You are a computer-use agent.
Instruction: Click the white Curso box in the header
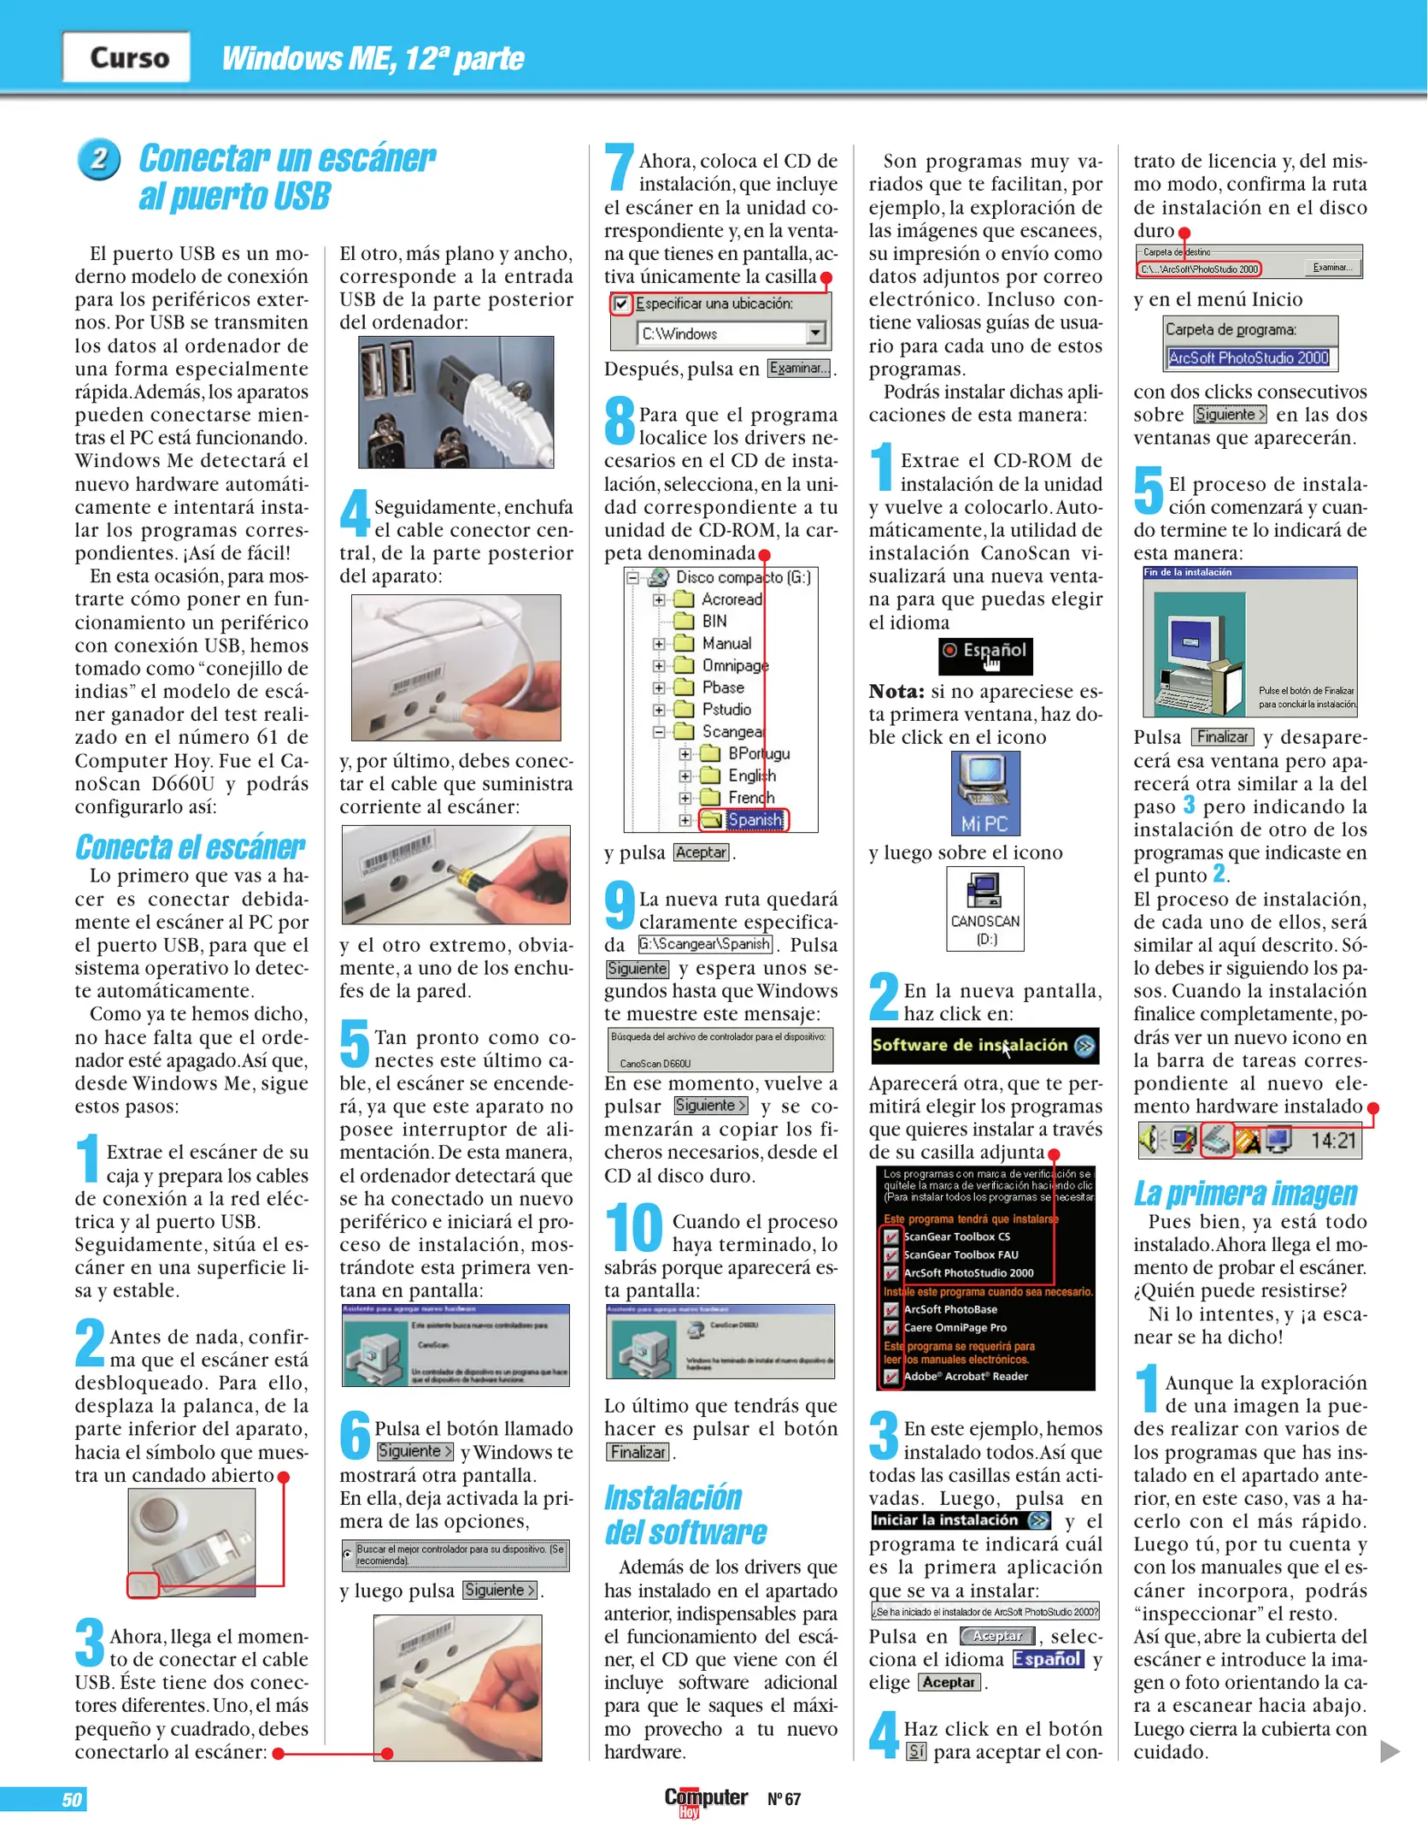126,57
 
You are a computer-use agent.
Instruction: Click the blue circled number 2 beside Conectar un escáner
98,159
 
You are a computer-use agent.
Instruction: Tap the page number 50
72,1800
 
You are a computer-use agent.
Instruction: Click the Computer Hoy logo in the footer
705,1799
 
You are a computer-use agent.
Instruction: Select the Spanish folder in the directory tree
754,820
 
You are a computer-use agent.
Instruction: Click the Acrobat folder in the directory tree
731,599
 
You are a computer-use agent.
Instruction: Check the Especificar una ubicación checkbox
621,304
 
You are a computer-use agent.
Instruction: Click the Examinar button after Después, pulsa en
798,369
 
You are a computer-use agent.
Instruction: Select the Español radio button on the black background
949,651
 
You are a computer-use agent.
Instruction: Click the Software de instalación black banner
984,1046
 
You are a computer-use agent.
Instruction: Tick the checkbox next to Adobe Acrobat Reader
891,1377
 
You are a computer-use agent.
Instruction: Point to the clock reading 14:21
1332,1141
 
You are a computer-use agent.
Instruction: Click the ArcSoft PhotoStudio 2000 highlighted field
1248,358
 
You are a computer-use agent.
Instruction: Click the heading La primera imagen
1245,1193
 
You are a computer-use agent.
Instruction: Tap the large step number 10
634,1228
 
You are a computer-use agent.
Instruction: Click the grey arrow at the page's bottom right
1390,1751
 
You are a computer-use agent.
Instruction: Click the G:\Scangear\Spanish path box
705,944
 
